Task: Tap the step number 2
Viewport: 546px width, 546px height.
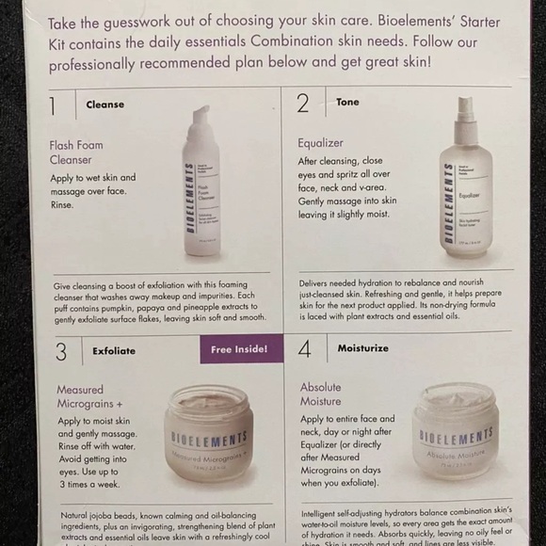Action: coord(302,103)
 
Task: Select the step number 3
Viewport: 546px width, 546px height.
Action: coord(61,351)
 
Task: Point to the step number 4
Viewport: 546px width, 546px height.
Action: coord(303,350)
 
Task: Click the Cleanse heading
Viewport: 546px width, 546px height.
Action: coord(104,104)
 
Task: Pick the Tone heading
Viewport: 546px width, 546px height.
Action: coord(347,102)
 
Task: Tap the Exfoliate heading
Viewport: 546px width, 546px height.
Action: coord(114,350)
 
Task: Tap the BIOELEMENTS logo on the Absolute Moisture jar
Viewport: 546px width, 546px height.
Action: coord(456,436)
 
